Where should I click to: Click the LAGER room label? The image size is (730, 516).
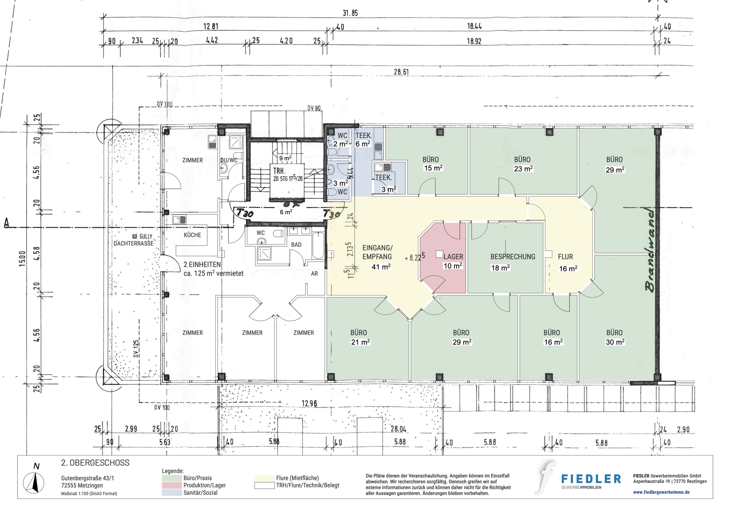(x=453, y=257)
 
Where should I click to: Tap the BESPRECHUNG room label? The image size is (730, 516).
(x=512, y=257)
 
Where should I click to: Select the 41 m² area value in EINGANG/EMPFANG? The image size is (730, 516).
(x=381, y=267)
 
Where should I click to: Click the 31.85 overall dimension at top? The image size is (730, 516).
(x=350, y=13)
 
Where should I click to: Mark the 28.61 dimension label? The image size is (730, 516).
(x=401, y=72)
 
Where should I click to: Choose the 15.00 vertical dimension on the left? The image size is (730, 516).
(x=22, y=259)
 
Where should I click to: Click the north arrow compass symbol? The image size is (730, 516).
(x=34, y=482)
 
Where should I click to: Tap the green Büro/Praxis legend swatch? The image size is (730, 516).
(x=172, y=478)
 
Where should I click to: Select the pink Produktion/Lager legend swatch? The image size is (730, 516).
(x=172, y=485)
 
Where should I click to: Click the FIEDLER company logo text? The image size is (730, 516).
(x=591, y=479)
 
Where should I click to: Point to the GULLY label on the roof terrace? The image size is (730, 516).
(x=146, y=236)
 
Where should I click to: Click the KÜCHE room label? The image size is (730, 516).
(x=192, y=235)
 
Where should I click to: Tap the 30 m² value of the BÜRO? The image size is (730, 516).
(x=615, y=342)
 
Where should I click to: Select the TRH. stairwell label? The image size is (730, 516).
(x=279, y=171)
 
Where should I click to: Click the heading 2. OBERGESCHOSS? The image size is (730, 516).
(x=95, y=463)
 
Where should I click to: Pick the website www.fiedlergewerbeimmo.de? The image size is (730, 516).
(x=661, y=492)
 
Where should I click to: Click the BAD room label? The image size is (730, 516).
(x=296, y=244)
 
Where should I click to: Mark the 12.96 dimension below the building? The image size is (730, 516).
(x=309, y=404)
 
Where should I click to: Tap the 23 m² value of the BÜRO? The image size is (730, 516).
(x=523, y=169)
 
